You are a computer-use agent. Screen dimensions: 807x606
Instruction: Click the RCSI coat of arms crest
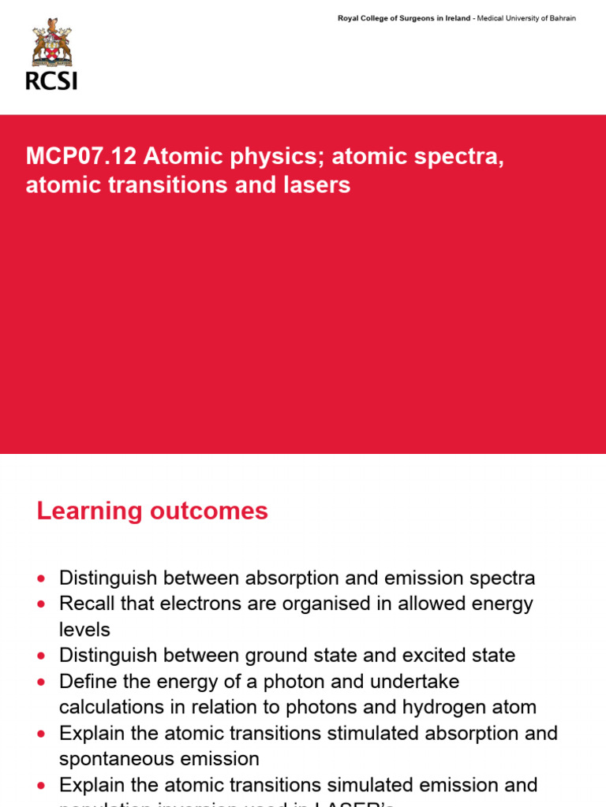point(51,43)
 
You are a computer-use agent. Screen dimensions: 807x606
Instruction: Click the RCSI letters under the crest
point(51,80)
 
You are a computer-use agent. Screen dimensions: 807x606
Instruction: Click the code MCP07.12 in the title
point(80,157)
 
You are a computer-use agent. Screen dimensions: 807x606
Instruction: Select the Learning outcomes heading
point(152,511)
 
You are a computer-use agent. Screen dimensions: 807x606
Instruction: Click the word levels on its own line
point(84,629)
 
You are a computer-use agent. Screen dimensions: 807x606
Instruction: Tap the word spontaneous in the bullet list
point(114,759)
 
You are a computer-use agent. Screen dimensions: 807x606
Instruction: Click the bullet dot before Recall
point(42,604)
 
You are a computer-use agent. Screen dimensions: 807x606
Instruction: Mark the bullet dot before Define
point(42,682)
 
